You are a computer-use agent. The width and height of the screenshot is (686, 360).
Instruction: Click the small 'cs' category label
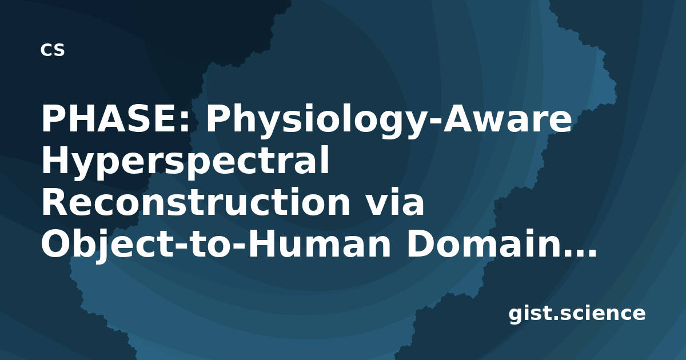pos(53,50)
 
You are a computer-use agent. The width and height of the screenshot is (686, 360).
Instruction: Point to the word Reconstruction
pos(196,202)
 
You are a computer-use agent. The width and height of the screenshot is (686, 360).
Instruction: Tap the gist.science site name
pos(577,314)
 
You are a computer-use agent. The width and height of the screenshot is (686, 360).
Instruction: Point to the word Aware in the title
pos(507,119)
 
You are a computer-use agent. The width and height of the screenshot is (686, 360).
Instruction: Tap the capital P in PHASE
pos(53,118)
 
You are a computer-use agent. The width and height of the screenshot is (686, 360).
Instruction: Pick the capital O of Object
pos(56,243)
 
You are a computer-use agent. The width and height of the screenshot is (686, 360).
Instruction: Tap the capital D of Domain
pos(421,243)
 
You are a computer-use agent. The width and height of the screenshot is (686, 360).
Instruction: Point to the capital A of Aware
pos(458,118)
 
